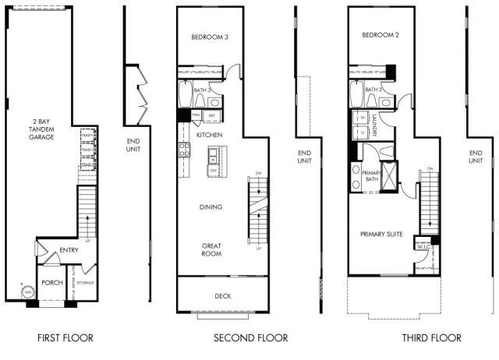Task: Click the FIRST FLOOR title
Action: (65, 338)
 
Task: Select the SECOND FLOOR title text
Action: (250, 338)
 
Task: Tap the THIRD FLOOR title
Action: (431, 338)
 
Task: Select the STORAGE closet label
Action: (84, 282)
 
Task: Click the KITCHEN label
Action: (210, 135)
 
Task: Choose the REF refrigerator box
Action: (212, 115)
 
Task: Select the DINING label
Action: (211, 207)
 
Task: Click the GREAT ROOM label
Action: (211, 249)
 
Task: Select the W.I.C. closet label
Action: (423, 246)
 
